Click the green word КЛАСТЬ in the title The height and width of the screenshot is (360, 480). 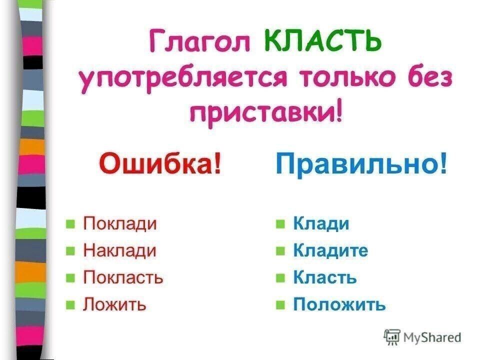[322, 40]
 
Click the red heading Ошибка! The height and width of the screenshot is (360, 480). [160, 163]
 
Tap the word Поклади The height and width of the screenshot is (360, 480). [120, 223]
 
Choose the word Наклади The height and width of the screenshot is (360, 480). [120, 250]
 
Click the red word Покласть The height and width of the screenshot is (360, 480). [123, 277]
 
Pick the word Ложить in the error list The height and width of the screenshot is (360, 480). [114, 304]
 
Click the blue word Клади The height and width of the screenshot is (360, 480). [321, 223]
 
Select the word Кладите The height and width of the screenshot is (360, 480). [330, 250]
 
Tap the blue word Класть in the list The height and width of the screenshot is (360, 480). [325, 277]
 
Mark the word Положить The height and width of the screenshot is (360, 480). [339, 304]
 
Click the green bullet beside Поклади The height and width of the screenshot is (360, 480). [70, 224]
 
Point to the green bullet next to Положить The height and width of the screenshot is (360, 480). [280, 305]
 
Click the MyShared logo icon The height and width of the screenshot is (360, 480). [392, 337]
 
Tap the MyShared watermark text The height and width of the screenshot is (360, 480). [432, 337]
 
